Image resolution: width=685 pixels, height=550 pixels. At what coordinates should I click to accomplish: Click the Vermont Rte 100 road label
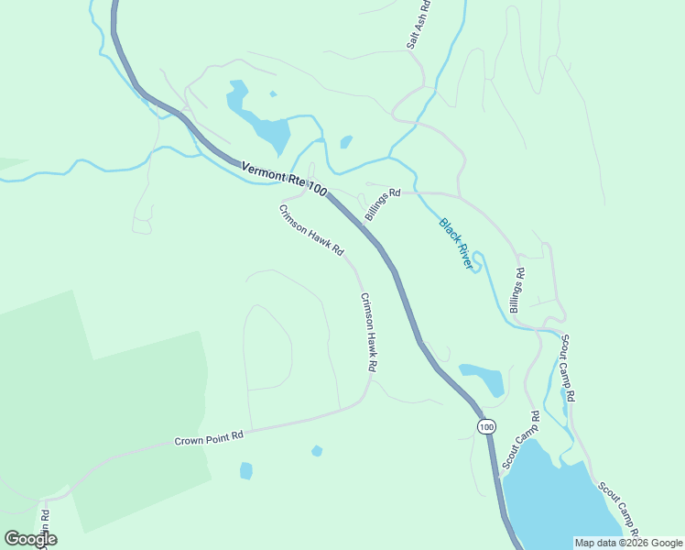[x=284, y=177]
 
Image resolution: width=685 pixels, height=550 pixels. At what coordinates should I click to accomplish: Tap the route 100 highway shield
[x=486, y=427]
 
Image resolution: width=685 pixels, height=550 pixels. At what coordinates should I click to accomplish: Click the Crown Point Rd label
[x=210, y=439]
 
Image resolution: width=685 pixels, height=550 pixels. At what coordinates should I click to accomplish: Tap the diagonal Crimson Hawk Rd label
[x=311, y=230]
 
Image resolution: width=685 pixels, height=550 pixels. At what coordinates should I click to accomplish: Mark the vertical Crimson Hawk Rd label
[x=368, y=331]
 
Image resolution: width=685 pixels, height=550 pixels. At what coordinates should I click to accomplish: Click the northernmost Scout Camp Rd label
[x=568, y=368]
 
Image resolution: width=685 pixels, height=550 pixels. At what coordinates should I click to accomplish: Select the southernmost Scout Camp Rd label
[x=618, y=510]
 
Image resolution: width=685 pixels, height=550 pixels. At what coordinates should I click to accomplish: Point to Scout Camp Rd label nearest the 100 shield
[x=521, y=441]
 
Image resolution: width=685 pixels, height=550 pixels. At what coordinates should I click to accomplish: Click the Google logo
[x=30, y=539]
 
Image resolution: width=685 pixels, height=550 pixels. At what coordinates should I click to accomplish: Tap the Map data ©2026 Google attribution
[x=628, y=543]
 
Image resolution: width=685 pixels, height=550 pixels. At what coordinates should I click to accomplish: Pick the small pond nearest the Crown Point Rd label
[x=245, y=470]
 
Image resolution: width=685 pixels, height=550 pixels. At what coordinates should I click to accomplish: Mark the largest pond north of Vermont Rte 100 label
[x=266, y=126]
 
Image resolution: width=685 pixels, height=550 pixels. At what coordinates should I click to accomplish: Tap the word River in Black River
[x=468, y=257]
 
